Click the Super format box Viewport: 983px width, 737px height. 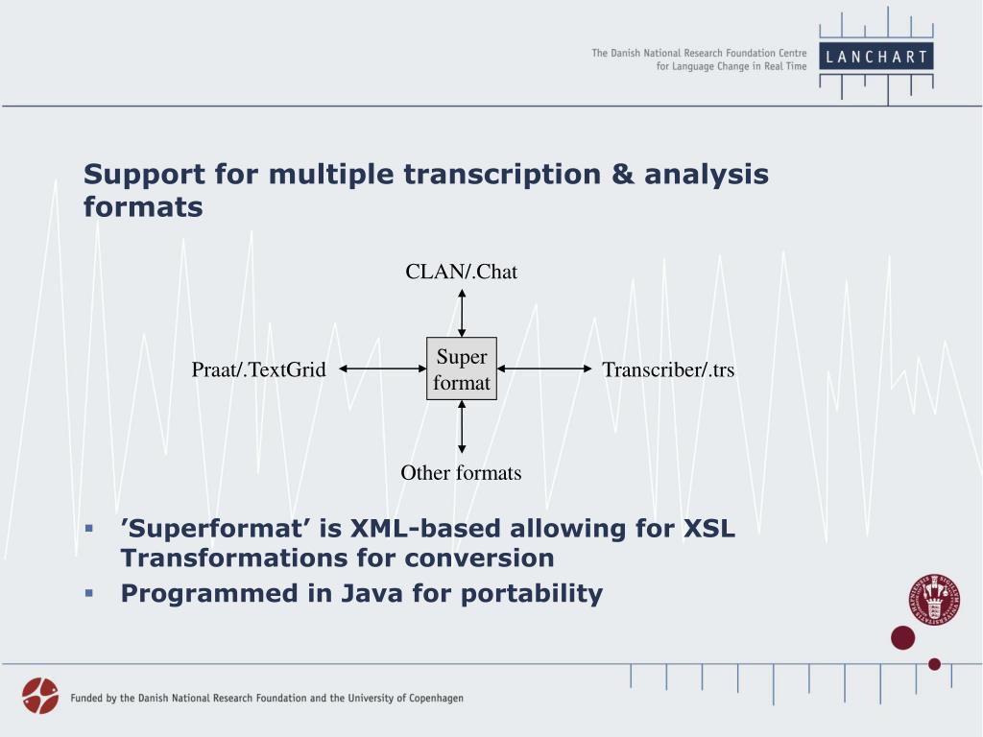462,369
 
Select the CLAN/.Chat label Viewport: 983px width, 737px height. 461,272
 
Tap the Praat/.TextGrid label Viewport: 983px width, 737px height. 259,369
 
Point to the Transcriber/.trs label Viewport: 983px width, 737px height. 668,369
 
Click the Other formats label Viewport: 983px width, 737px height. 461,473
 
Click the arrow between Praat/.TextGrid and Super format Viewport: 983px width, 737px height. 382,368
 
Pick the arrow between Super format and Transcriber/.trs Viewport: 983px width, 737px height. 544,368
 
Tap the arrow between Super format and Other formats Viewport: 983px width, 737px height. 462,426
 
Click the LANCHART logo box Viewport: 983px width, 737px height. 876,57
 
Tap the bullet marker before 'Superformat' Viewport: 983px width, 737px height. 88,529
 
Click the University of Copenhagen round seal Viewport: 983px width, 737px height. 933,601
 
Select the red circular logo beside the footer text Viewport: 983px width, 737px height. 40,696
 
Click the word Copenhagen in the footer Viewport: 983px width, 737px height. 429,699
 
